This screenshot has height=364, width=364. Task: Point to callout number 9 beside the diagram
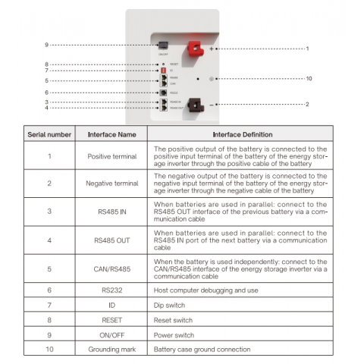[x=45, y=45]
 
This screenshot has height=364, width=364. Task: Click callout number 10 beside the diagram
[x=309, y=78]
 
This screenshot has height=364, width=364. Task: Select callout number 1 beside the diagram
[x=306, y=48]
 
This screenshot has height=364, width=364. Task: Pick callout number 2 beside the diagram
[x=306, y=104]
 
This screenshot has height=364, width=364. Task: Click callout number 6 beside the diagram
[x=45, y=93]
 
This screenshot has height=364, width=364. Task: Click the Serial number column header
[x=49, y=133]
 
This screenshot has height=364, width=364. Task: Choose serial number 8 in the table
[x=49, y=319]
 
